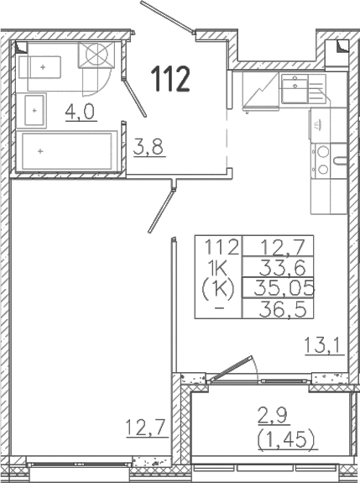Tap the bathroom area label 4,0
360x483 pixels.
pyautogui.click(x=81, y=112)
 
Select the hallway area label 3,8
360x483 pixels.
pyautogui.click(x=148, y=150)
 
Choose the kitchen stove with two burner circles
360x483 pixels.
pyautogui.click(x=322, y=160)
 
